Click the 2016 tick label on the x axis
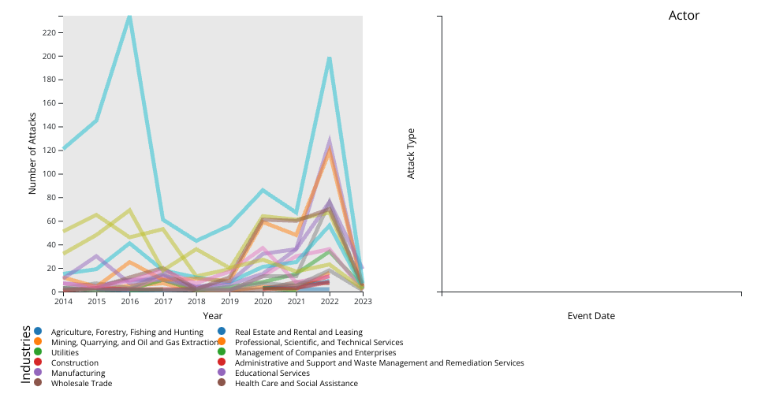[x=129, y=301]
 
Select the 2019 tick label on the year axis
[x=230, y=301]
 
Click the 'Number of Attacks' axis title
[x=33, y=154]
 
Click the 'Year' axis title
[x=212, y=315]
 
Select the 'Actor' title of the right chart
[x=684, y=16]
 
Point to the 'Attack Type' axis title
[x=411, y=154]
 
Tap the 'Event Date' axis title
[x=591, y=316]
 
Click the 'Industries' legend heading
[x=26, y=354]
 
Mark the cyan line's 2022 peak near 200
[x=329, y=58]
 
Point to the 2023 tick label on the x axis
[x=363, y=301]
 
